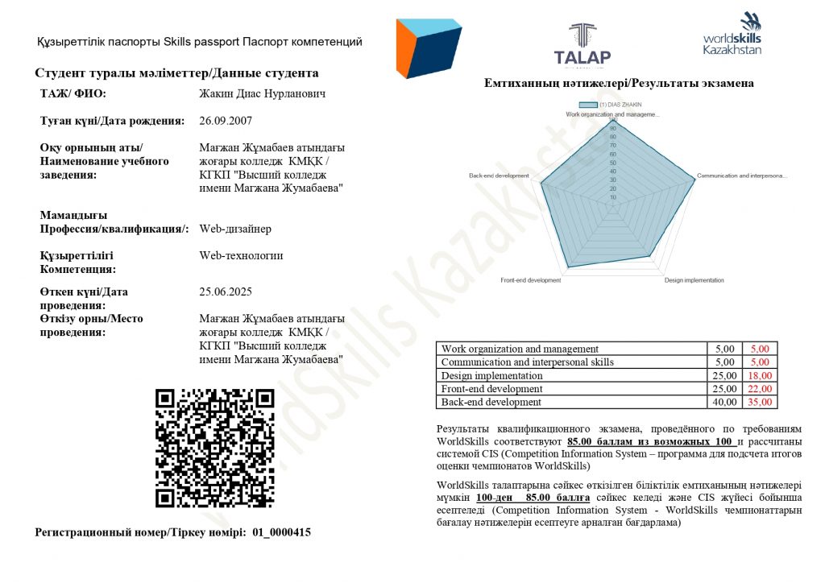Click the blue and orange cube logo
(x=428, y=49)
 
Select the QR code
(x=215, y=448)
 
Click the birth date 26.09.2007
(x=226, y=122)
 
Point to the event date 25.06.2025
(x=226, y=291)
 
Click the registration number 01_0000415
(x=281, y=532)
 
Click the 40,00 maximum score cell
(x=724, y=402)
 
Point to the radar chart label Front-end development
(x=530, y=280)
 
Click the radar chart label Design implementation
(x=694, y=280)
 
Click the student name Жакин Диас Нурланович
(x=262, y=93)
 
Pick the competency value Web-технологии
(x=241, y=256)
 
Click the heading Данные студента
(x=263, y=72)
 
